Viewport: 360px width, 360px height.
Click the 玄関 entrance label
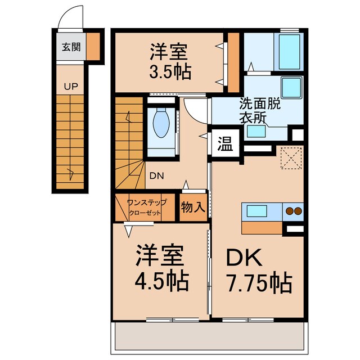coord(70,47)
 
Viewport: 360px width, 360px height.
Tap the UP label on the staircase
coord(71,86)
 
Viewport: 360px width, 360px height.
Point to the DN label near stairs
coord(157,175)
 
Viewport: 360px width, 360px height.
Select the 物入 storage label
coord(193,207)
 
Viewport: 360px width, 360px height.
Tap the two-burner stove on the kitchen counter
coord(293,211)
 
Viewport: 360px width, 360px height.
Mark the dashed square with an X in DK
coord(291,157)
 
